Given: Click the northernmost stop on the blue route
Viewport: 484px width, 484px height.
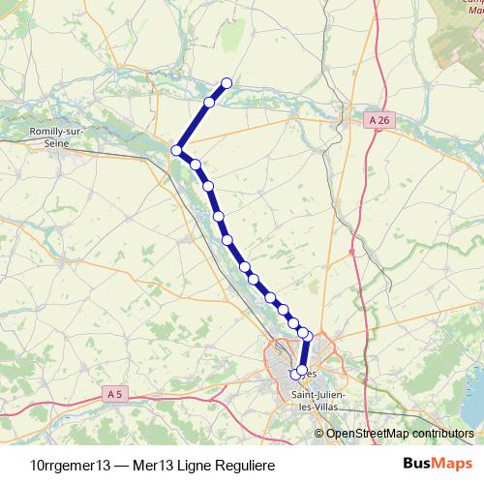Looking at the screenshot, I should tap(227, 82).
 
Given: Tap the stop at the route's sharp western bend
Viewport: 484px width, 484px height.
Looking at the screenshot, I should tap(177, 150).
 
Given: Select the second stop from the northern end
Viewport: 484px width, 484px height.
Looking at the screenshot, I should tap(209, 102).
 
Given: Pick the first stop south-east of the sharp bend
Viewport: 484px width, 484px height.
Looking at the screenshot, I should tap(195, 165).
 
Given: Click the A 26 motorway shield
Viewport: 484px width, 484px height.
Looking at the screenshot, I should tap(381, 119).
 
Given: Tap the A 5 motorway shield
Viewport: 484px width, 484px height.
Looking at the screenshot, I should tap(114, 393).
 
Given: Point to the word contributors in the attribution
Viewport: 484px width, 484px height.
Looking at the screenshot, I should tap(440, 433).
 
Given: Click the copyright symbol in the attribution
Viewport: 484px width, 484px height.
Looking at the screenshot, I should tap(320, 433).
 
